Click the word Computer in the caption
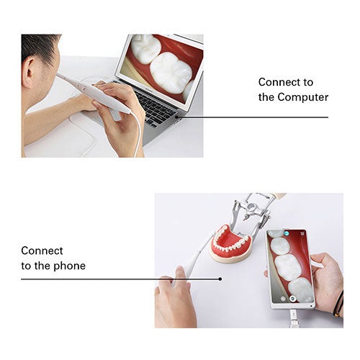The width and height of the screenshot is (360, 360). pyautogui.click(x=303, y=97)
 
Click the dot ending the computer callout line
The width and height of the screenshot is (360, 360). pyautogui.click(x=176, y=117)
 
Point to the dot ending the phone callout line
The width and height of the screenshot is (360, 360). pyautogui.click(x=220, y=279)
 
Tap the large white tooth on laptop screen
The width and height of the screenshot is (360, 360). pyautogui.click(x=171, y=72)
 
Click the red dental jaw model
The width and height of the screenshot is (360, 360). pyautogui.click(x=230, y=243)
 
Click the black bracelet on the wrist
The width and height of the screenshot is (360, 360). pyautogui.click(x=339, y=304)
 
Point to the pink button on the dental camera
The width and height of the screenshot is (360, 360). pyautogui.click(x=84, y=89)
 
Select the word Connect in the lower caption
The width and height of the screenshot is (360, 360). pyautogui.click(x=42, y=251)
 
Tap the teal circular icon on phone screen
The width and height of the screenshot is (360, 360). pyautogui.click(x=287, y=233)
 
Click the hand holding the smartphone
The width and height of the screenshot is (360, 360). pyautogui.click(x=326, y=281)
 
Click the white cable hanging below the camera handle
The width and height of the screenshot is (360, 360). pyautogui.click(x=138, y=135)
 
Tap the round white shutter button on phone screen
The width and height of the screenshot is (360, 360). pyautogui.click(x=292, y=299)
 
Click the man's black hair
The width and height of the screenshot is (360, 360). pyautogui.click(x=40, y=47)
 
